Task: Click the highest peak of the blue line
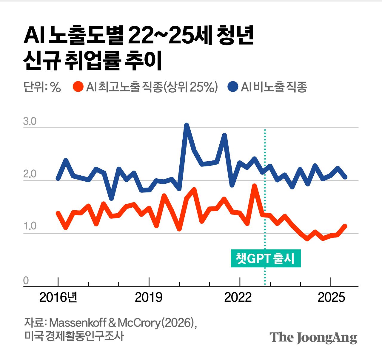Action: pos(187,125)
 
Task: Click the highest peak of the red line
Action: pos(255,186)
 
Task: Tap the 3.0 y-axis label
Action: pos(30,122)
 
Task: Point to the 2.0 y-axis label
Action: pos(30,174)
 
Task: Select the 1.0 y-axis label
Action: pos(30,226)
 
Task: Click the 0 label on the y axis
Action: pos(26,281)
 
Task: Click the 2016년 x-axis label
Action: pos(58,297)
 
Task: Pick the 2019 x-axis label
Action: pos(149,297)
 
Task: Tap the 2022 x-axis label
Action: pos(238,297)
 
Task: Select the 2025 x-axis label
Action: pos(331,297)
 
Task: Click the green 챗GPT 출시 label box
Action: pos(266,258)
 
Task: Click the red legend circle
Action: pos(78,87)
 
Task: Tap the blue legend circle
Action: pos(233,87)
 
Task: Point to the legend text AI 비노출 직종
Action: pos(274,87)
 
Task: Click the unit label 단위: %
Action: pos(42,87)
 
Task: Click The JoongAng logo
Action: pos(313,338)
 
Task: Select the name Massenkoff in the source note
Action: pos(78,323)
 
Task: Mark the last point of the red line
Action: pos(345,226)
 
